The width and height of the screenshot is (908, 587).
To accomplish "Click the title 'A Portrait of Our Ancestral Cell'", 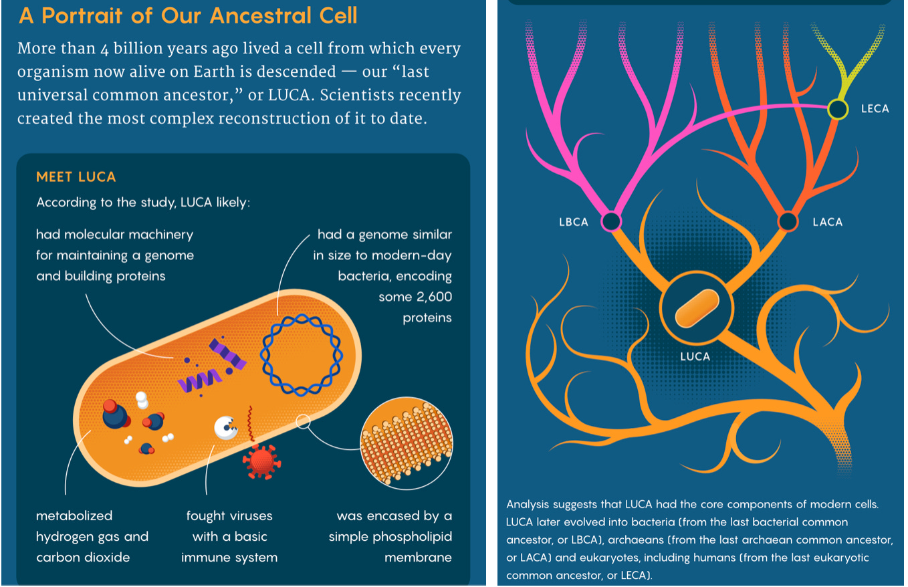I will (188, 15).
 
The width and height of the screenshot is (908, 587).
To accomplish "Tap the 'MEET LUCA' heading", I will (76, 177).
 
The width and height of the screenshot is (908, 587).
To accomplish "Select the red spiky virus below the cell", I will (259, 460).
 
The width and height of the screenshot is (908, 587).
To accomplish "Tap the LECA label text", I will (875, 109).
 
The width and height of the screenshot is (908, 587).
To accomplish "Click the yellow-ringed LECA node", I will (837, 109).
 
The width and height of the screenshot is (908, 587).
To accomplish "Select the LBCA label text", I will (574, 222).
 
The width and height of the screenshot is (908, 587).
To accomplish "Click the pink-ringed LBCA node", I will (611, 221).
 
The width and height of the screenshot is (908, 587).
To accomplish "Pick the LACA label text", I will (827, 222).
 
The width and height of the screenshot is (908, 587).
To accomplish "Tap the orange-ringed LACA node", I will (788, 221).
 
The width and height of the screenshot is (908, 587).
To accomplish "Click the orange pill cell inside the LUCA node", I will (696, 309).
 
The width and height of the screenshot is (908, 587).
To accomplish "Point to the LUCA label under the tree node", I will (695, 356).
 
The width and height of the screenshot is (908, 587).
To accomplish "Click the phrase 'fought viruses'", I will (229, 515).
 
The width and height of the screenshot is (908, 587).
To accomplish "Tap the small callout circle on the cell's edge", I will (303, 421).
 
